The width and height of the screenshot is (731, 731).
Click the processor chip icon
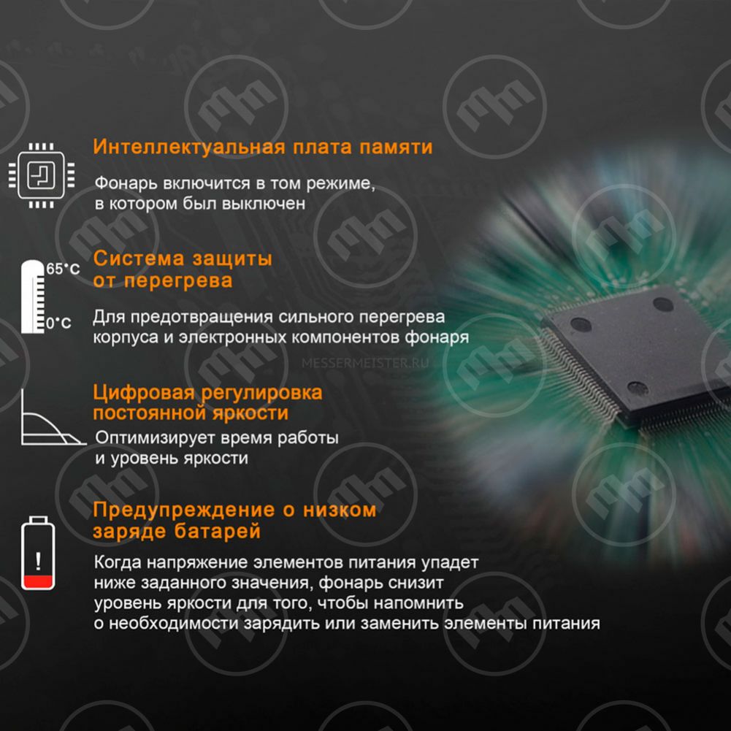(x=42, y=175)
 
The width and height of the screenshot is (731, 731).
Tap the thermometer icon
(x=33, y=296)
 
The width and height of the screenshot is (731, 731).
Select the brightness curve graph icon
(x=53, y=418)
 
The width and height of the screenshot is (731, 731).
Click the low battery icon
(x=38, y=553)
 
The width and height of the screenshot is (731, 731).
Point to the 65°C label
(x=63, y=269)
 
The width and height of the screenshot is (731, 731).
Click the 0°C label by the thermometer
(x=58, y=323)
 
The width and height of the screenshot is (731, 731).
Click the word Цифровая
(x=144, y=393)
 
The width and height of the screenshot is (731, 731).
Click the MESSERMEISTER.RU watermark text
(x=365, y=363)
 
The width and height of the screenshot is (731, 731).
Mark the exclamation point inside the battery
(x=38, y=562)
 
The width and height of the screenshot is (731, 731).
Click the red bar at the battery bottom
(x=38, y=581)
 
